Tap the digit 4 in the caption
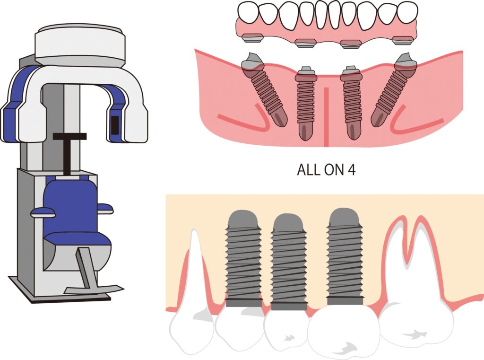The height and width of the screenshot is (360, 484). click(351, 170)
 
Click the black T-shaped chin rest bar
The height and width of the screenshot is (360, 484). click(69, 152)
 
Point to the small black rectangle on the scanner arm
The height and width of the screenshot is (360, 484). click(114, 125)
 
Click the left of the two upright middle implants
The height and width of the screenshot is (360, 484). click(306, 102)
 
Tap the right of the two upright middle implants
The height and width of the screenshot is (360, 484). click(351, 102)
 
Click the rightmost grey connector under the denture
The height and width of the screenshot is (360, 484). click(403, 40)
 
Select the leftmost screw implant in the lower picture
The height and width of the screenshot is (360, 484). click(243, 259)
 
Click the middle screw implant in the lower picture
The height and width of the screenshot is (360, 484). click(288, 262)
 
